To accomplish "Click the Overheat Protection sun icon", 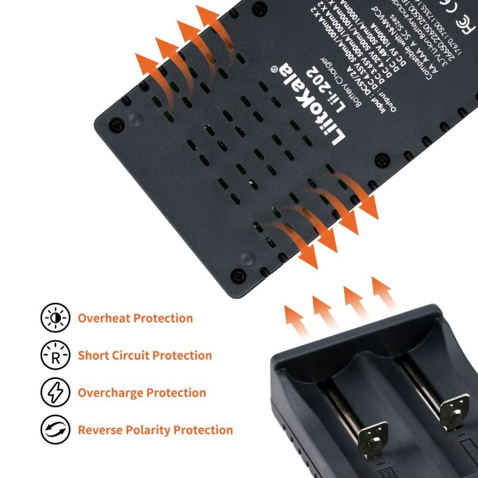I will (55, 318).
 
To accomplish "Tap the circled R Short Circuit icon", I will (55, 355).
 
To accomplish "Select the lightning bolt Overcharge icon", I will (55, 393).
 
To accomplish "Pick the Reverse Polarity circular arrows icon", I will (55, 430).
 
